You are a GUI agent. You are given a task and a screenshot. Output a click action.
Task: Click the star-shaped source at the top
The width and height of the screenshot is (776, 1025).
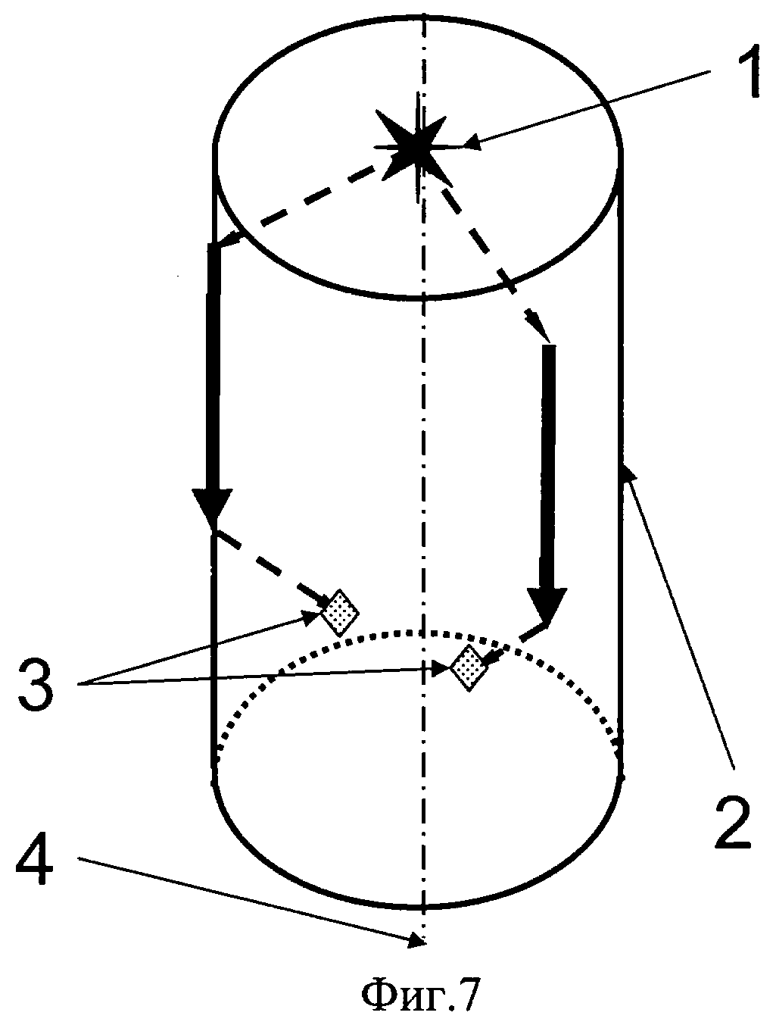[x=417, y=149]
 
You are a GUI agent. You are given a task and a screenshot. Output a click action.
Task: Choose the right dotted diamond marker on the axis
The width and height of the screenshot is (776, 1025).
[x=467, y=667]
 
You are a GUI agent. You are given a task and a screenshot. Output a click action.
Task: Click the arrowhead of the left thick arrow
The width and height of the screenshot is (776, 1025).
[x=211, y=506]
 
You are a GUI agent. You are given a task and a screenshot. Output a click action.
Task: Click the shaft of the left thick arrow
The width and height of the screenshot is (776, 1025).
[x=213, y=364]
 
